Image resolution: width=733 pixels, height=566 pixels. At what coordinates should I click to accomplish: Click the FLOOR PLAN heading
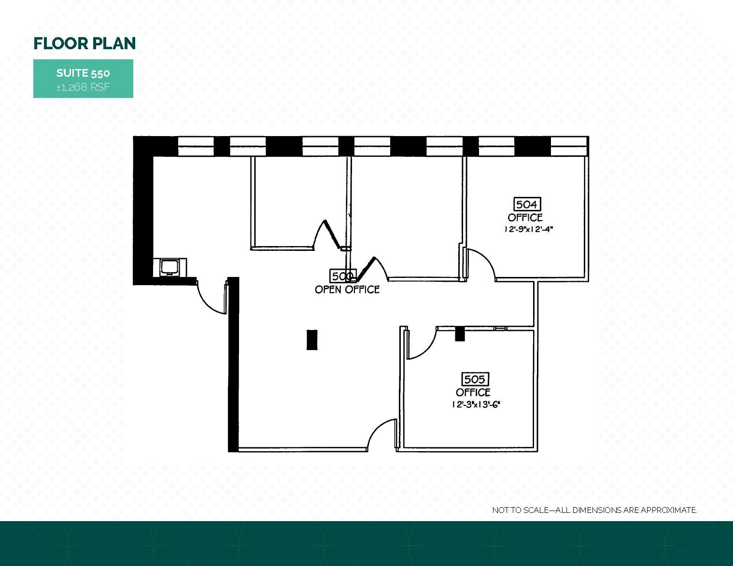pos(85,43)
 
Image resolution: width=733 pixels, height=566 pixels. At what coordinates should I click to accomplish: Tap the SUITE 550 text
pos(83,73)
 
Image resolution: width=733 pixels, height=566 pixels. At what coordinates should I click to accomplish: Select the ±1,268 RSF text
pos(83,87)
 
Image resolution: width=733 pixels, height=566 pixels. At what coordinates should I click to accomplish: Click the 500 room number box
pos(342,276)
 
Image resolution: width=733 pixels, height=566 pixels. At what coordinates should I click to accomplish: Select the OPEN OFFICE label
pos(347,290)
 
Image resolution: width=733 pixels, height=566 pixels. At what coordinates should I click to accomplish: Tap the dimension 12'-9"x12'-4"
pos(527,230)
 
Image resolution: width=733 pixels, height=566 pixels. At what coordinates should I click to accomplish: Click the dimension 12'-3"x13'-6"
pos(475,405)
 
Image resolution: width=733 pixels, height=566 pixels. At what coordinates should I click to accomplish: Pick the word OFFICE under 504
pos(525,218)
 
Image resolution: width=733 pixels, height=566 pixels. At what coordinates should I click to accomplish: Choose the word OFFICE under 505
pos(473,392)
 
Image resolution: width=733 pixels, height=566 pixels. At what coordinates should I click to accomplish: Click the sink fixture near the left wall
pos(169,267)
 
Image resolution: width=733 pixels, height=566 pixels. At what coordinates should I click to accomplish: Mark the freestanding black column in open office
pos(312,339)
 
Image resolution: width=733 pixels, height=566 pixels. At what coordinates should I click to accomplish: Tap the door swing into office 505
pos(420,344)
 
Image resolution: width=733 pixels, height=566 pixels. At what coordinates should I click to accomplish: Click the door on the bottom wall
pos(382,434)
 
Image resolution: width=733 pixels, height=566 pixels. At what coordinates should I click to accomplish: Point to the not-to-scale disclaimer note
pos(594,510)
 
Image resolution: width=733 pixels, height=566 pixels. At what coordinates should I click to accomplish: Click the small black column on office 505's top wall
pos(459,334)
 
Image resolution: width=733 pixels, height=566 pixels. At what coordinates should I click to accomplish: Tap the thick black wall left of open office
pos(233,364)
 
